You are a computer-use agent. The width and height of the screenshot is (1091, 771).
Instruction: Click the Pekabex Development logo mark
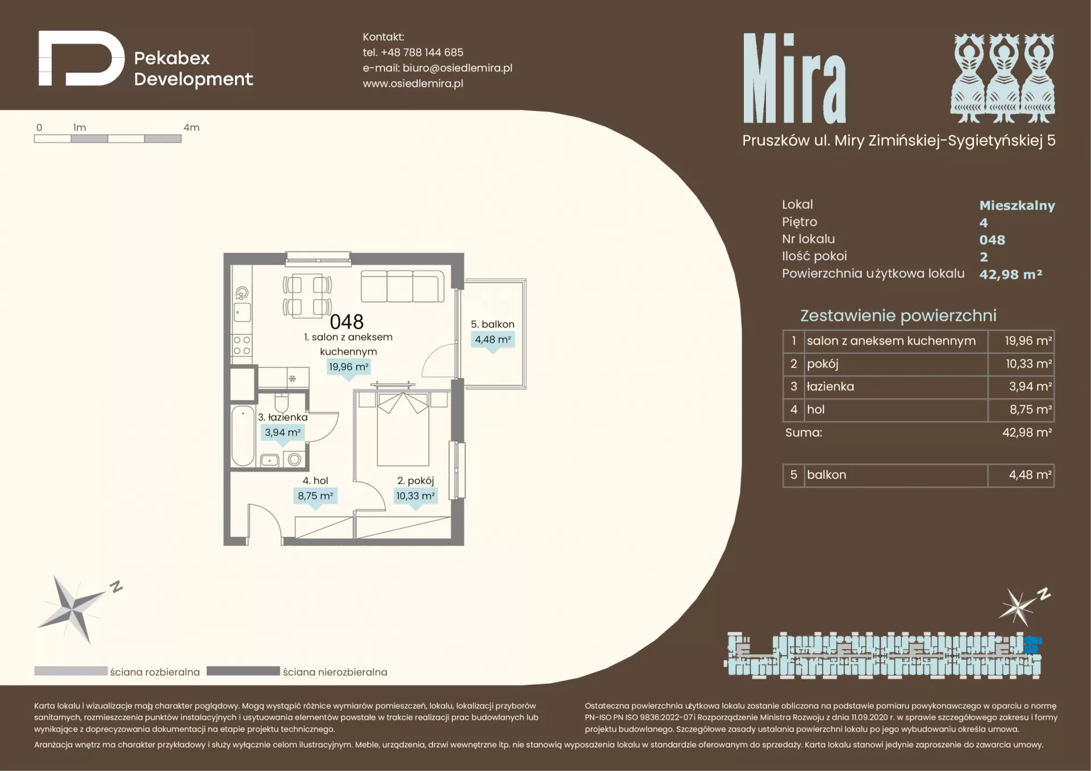tap(81, 58)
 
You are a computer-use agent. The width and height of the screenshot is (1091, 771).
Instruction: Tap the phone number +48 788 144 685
tap(422, 52)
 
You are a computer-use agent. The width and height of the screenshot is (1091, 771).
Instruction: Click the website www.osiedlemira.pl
tap(413, 83)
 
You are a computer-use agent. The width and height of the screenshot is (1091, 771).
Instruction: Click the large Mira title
tap(794, 78)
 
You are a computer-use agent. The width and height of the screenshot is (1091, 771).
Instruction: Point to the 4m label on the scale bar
tap(191, 128)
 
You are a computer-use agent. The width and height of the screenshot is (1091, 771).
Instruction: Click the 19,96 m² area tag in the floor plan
tap(349, 367)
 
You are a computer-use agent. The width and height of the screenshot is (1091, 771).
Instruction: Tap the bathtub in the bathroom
tap(243, 435)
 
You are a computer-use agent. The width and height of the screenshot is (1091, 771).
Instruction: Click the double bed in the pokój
tap(403, 428)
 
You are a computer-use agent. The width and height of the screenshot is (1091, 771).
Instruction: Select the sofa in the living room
tap(402, 286)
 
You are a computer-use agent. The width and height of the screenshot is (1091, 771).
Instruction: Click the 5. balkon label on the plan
tap(493, 324)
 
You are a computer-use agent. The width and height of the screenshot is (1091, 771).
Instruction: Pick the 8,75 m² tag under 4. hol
tap(315, 496)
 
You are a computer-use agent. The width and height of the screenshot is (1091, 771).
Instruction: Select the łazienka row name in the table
tap(830, 387)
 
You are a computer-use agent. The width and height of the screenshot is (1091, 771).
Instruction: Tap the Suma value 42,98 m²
tap(1027, 433)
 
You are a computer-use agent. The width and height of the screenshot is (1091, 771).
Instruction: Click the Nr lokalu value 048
tap(992, 240)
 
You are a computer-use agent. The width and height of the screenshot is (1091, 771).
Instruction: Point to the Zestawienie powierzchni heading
tap(898, 316)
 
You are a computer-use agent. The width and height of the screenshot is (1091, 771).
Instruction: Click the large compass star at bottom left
tap(73, 610)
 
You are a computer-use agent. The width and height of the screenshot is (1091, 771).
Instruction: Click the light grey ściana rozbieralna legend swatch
tap(70, 671)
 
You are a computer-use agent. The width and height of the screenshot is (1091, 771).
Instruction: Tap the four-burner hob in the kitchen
tap(242, 345)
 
